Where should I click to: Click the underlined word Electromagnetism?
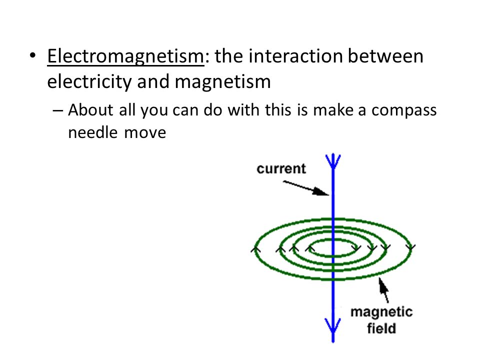(125, 57)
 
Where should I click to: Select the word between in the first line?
(385, 56)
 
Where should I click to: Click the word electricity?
(89, 82)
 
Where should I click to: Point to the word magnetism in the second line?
(222, 82)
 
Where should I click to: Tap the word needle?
(93, 132)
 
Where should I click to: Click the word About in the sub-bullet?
(90, 109)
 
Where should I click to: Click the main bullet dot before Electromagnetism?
(32, 55)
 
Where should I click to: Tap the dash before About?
(57, 110)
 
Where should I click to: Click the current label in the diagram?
(281, 168)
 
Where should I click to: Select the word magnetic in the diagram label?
(381, 312)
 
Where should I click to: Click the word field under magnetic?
(381, 328)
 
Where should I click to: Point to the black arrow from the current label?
(306, 188)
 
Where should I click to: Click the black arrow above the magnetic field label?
(383, 290)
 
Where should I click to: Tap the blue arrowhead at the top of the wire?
(333, 161)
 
